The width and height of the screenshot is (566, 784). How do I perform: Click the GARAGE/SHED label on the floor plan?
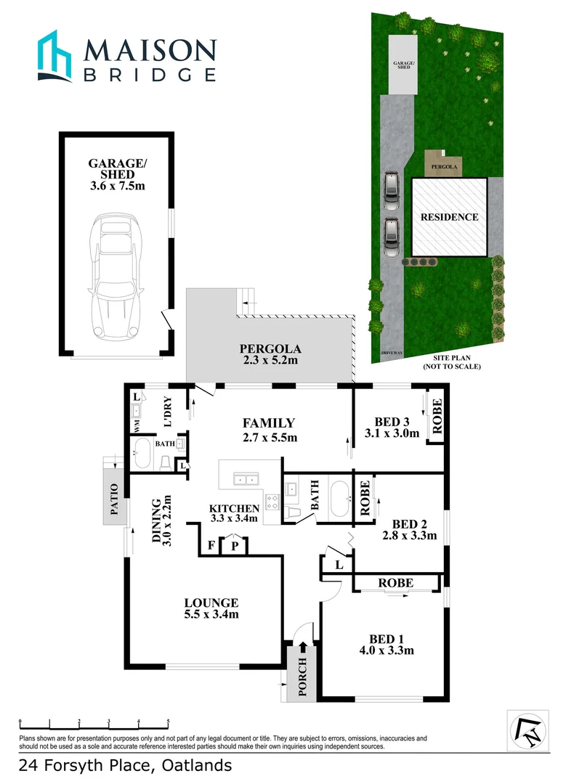click(x=117, y=171)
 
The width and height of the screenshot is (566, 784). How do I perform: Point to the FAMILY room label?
click(x=268, y=430)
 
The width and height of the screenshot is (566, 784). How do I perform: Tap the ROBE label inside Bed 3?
click(x=437, y=417)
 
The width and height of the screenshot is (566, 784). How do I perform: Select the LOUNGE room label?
click(x=211, y=608)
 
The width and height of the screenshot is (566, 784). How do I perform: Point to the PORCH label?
click(x=303, y=677)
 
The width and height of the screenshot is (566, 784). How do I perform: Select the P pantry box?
click(x=235, y=545)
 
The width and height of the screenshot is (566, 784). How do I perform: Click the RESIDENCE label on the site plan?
click(x=450, y=217)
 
